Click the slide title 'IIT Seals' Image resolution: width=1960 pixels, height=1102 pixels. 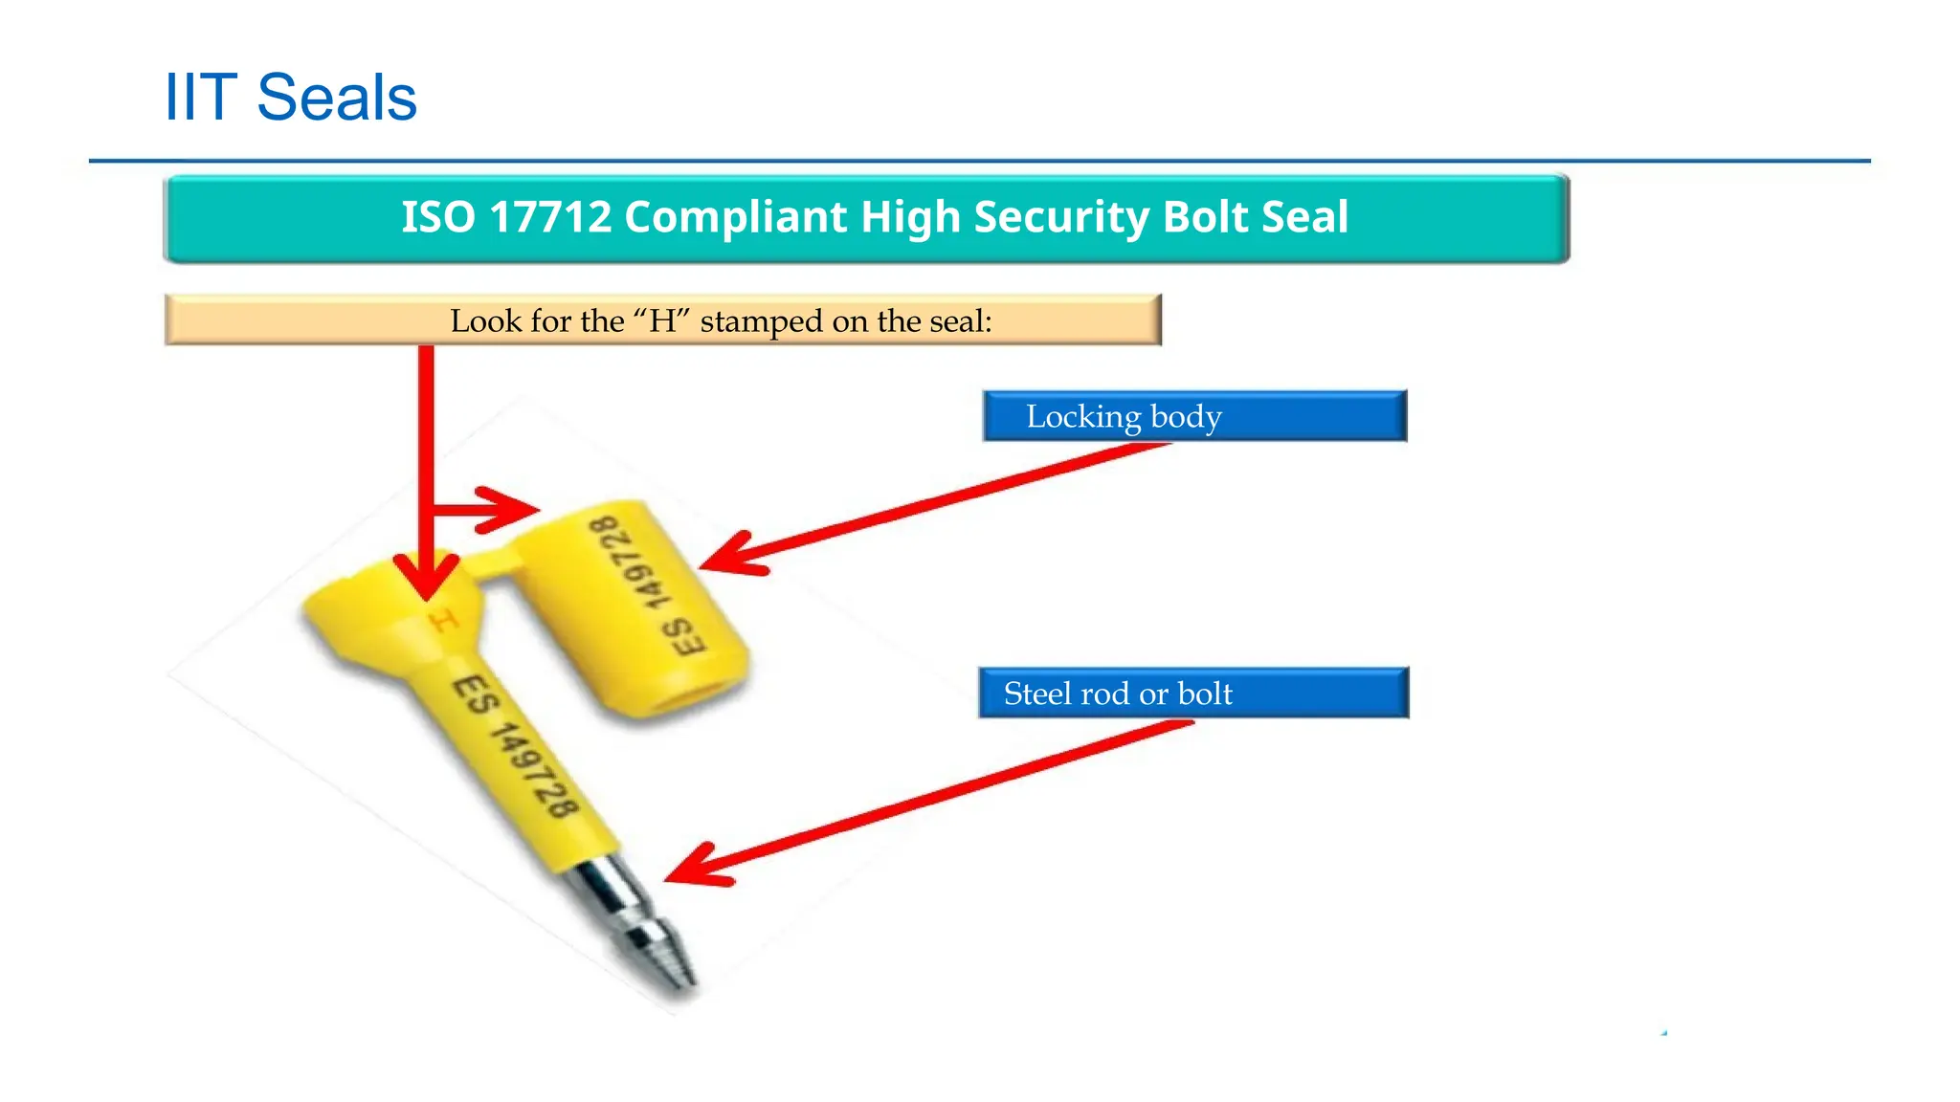tap(291, 98)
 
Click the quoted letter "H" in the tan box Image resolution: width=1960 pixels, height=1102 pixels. tap(662, 321)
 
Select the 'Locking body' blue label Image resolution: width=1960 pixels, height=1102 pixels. tap(1194, 416)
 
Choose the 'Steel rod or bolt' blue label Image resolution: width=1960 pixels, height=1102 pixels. tap(1193, 694)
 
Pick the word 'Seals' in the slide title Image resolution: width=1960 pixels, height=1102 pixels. tap(337, 98)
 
